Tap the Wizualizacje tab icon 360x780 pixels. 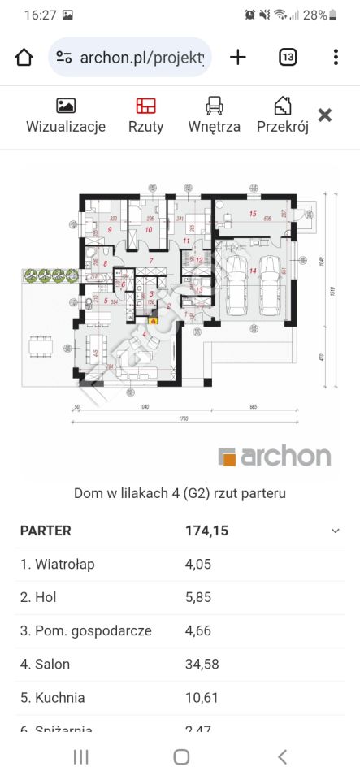(x=66, y=106)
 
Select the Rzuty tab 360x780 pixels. (x=145, y=106)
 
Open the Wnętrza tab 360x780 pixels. (x=214, y=106)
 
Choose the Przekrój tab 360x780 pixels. (x=282, y=106)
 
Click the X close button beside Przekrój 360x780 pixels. (x=324, y=115)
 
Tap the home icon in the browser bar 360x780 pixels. (x=24, y=57)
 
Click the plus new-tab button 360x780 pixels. (x=237, y=57)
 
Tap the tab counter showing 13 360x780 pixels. (x=288, y=57)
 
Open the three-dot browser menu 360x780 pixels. (x=336, y=57)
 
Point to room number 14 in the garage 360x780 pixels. (x=253, y=271)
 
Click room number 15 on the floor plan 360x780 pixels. (x=252, y=214)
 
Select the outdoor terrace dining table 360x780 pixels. (x=40, y=347)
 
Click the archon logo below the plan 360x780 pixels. (x=275, y=456)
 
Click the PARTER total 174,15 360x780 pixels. (x=206, y=531)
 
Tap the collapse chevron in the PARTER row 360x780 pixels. (x=335, y=531)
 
